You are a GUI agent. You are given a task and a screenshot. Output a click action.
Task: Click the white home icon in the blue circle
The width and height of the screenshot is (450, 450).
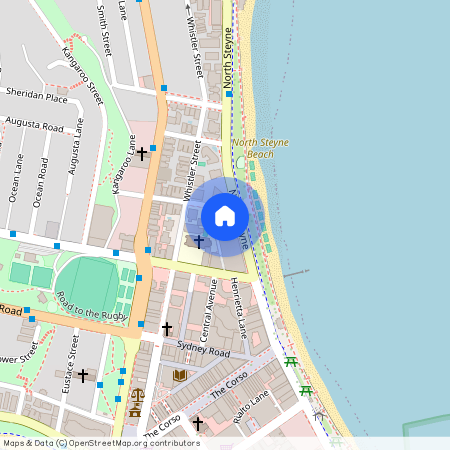point(225,215)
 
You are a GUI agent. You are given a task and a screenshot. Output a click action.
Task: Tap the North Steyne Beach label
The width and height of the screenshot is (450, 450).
point(260,148)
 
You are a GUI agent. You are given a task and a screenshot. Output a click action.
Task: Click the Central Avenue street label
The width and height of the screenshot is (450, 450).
point(212,309)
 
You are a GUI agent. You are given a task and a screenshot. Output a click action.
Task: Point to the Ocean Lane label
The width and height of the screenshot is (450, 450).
point(18,175)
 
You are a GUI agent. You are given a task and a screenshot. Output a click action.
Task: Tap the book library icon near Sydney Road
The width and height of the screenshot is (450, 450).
point(180,375)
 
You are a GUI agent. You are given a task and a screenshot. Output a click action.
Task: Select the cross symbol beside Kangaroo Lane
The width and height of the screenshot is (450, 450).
point(142,154)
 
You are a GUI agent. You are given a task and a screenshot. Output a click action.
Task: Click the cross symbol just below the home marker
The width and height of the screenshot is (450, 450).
point(198,241)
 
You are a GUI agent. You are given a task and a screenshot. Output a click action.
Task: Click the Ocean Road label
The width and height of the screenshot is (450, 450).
point(41,181)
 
